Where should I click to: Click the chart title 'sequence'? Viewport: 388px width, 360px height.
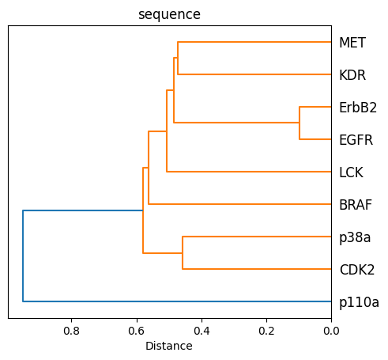169,14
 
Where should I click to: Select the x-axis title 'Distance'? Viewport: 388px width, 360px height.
169,346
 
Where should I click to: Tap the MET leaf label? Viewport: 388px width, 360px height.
352,42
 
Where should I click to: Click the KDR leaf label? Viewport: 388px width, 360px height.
352,74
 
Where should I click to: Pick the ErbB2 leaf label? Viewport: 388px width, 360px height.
358,107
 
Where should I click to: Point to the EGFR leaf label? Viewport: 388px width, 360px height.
356,140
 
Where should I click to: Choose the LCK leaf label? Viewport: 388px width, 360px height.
351,172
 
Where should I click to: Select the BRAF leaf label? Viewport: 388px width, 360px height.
355,205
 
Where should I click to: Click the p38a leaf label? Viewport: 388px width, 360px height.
355,237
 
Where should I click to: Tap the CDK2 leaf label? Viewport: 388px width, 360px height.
356,270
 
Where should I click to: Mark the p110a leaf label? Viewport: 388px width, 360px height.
359,302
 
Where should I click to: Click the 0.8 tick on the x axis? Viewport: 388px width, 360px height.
71,331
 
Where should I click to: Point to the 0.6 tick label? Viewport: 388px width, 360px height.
136,331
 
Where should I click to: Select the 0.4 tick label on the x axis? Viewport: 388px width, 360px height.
201,331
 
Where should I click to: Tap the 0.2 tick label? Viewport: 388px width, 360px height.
266,331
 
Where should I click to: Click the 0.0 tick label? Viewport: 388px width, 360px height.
331,331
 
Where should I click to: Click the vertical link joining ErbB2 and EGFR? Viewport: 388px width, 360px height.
299,123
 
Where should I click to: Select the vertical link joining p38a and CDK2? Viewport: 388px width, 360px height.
183,253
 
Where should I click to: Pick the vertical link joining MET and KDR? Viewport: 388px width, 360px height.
178,58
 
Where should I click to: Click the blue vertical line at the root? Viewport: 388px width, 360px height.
23,256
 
